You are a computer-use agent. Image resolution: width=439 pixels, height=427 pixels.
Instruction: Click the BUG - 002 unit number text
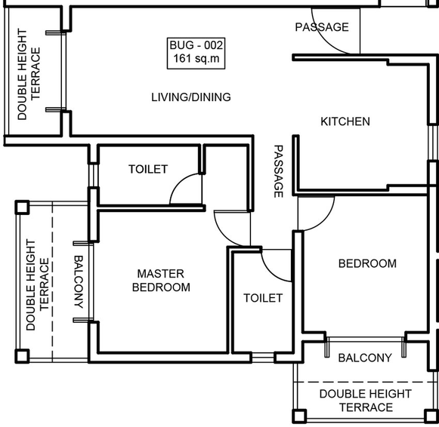coord(196,45)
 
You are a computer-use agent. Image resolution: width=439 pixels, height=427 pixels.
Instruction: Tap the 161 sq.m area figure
coord(196,59)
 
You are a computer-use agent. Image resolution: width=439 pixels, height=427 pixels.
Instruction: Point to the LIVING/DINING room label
coord(191,97)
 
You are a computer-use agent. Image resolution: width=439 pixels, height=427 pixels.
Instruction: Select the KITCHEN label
coord(345,121)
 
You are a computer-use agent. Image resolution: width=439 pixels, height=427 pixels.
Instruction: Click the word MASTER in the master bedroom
coord(161,274)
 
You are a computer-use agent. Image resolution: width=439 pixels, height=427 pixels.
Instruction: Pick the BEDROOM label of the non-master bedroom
coord(367,263)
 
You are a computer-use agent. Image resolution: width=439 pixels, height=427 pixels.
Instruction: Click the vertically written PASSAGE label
coord(278,171)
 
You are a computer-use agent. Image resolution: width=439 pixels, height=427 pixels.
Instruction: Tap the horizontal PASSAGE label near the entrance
coord(322,27)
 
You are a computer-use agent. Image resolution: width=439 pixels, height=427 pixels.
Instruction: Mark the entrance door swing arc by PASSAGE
coord(321,38)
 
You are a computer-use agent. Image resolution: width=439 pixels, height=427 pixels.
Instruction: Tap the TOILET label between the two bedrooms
coord(263,298)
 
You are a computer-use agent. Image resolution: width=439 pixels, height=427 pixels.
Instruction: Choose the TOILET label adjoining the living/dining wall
coord(148,169)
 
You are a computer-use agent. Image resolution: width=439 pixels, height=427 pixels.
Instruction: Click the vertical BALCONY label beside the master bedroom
coord(79,281)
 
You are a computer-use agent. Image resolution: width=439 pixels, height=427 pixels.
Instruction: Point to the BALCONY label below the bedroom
coord(365,358)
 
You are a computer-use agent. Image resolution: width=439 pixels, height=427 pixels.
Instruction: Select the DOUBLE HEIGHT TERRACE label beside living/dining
coord(29,75)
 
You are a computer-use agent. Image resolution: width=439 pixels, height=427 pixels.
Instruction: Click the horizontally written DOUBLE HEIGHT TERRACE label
coord(366,401)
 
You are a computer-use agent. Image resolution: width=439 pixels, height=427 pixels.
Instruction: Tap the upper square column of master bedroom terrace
coord(22,207)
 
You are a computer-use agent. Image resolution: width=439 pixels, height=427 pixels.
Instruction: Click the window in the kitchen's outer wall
coord(432,143)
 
